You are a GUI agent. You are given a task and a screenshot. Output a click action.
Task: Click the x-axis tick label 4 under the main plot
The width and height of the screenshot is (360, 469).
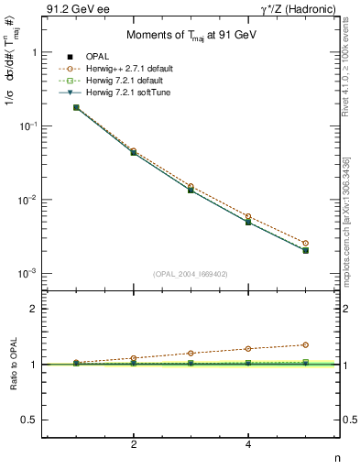coord(248,444)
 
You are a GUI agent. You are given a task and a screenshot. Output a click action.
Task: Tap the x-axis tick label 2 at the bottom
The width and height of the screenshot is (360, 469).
coord(134,444)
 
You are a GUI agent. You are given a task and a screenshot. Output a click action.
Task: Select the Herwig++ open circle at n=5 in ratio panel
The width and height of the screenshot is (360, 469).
coord(305,344)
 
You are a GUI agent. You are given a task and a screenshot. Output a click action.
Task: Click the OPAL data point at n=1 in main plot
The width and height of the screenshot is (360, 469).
coord(76,107)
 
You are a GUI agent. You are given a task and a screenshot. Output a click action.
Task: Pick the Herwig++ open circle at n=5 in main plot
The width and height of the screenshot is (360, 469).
coord(305,243)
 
